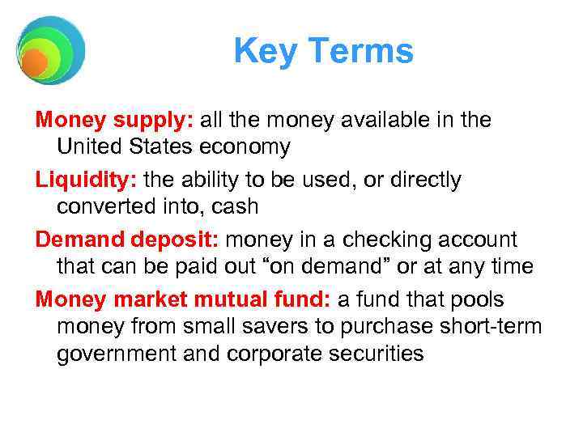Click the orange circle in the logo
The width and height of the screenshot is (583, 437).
(35, 63)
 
